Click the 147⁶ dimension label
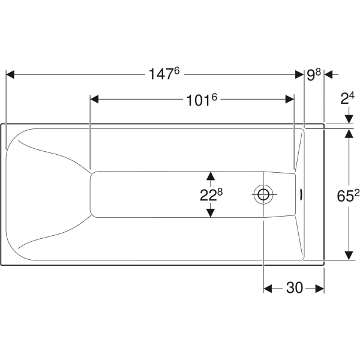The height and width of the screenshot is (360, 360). [x=164, y=74]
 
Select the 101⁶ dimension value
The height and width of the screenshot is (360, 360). [x=202, y=100]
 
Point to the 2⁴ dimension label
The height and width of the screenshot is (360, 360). [x=347, y=98]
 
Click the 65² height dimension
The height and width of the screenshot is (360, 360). [x=348, y=196]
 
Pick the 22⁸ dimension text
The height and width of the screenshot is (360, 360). [x=211, y=195]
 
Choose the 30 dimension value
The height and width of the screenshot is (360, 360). [x=295, y=287]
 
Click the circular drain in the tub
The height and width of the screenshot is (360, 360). [x=263, y=194]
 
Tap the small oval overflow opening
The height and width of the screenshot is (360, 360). [x=301, y=194]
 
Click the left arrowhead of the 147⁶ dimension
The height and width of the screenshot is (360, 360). [x=10, y=74]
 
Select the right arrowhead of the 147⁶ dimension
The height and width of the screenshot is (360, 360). [x=299, y=74]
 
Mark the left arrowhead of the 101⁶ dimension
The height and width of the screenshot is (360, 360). [x=94, y=99]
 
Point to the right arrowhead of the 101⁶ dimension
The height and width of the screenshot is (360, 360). [x=290, y=99]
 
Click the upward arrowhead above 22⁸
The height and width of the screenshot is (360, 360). [x=211, y=176]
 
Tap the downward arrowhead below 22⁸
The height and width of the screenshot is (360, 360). [x=211, y=213]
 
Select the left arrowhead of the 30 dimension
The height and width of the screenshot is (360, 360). [x=268, y=289]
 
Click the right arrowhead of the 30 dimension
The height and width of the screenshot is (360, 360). [x=320, y=289]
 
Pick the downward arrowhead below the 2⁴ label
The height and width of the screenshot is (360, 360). [x=349, y=119]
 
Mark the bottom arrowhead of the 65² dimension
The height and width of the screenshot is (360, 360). [x=349, y=256]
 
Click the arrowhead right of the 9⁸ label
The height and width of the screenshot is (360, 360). [x=329, y=74]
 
